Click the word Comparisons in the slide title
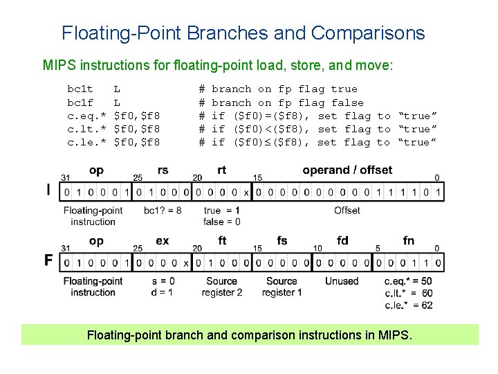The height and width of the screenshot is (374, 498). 368,33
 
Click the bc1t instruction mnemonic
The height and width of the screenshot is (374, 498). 80,89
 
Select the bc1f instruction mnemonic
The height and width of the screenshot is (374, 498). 80,103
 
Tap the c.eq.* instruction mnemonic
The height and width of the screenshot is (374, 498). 86,116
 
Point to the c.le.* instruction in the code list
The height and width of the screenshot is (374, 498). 86,142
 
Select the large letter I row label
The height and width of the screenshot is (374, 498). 48,190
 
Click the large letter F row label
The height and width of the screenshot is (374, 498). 48,260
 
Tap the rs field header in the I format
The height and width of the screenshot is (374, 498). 163,170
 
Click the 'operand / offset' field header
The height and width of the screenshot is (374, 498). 347,170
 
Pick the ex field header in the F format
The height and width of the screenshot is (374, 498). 163,241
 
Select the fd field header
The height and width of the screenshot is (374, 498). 342,241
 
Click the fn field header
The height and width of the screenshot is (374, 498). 409,241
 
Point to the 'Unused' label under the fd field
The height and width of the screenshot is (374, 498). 342,281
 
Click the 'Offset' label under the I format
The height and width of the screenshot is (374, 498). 347,211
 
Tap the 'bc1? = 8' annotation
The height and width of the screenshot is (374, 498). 163,211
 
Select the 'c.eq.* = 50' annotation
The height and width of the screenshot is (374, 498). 407,281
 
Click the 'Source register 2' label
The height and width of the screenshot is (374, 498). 221,287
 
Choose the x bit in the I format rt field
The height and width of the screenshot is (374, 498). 247,191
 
